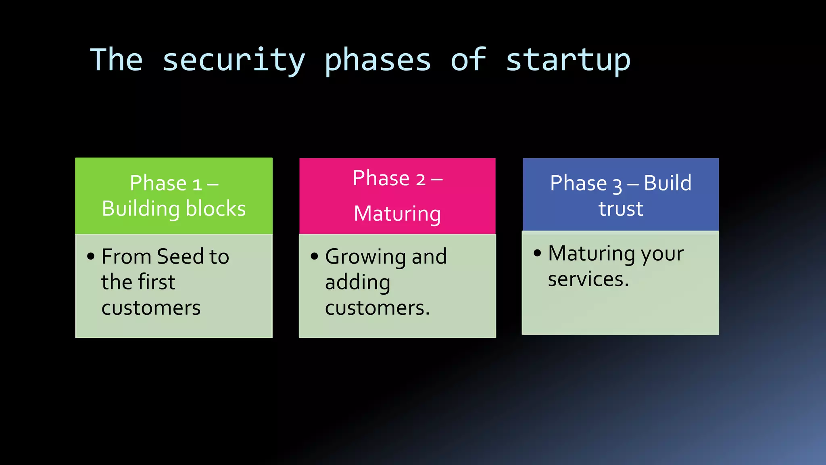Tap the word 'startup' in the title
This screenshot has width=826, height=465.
tap(568, 61)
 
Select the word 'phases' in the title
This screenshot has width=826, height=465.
tap(378, 61)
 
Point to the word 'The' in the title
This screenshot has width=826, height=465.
tap(117, 60)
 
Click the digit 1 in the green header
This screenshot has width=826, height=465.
tap(197, 185)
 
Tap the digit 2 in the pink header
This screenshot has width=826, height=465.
tap(420, 179)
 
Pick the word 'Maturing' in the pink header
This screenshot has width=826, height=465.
tap(397, 214)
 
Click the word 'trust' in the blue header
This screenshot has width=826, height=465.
tap(620, 209)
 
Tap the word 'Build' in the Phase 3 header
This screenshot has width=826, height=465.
tap(667, 183)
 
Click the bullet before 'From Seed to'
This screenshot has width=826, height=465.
tap(91, 256)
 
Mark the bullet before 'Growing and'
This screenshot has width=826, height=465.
tap(315, 256)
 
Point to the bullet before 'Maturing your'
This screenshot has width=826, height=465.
tap(537, 253)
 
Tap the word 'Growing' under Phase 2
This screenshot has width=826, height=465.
tap(365, 257)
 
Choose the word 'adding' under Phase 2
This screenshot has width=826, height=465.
tap(357, 283)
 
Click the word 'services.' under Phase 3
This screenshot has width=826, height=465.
tap(588, 279)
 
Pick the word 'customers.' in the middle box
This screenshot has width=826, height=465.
tap(377, 308)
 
